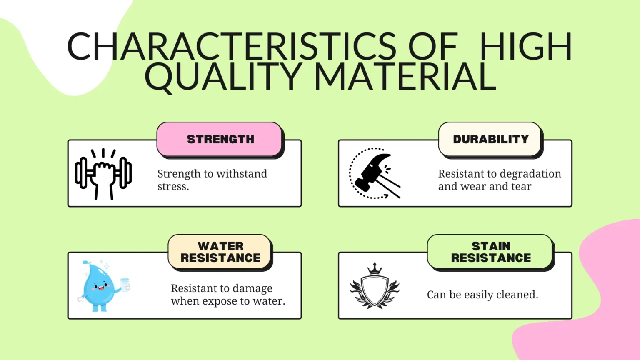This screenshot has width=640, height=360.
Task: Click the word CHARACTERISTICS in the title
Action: (232, 46)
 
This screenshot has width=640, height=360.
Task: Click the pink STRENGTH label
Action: (220, 139)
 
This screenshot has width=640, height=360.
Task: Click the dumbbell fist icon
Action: (103, 174)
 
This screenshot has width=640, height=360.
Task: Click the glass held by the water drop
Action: (125, 285)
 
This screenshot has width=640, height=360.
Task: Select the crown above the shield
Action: (375, 269)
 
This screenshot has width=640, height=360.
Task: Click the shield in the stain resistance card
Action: (375, 290)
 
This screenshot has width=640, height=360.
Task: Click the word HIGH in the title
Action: (526, 46)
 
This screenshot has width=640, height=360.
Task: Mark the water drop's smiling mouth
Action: (101, 288)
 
